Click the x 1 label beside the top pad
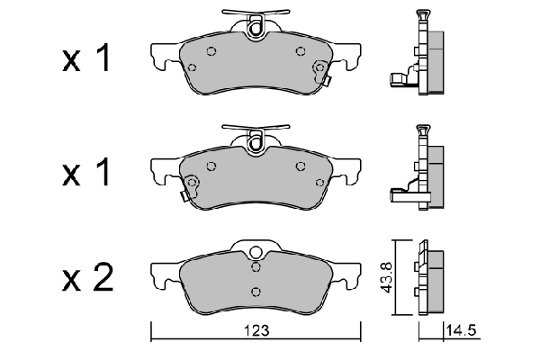(87, 60)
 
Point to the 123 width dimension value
(257, 331)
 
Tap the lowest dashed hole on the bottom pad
(256, 290)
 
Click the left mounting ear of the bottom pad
(163, 274)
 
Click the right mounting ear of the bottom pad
(347, 274)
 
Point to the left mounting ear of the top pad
(163, 59)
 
